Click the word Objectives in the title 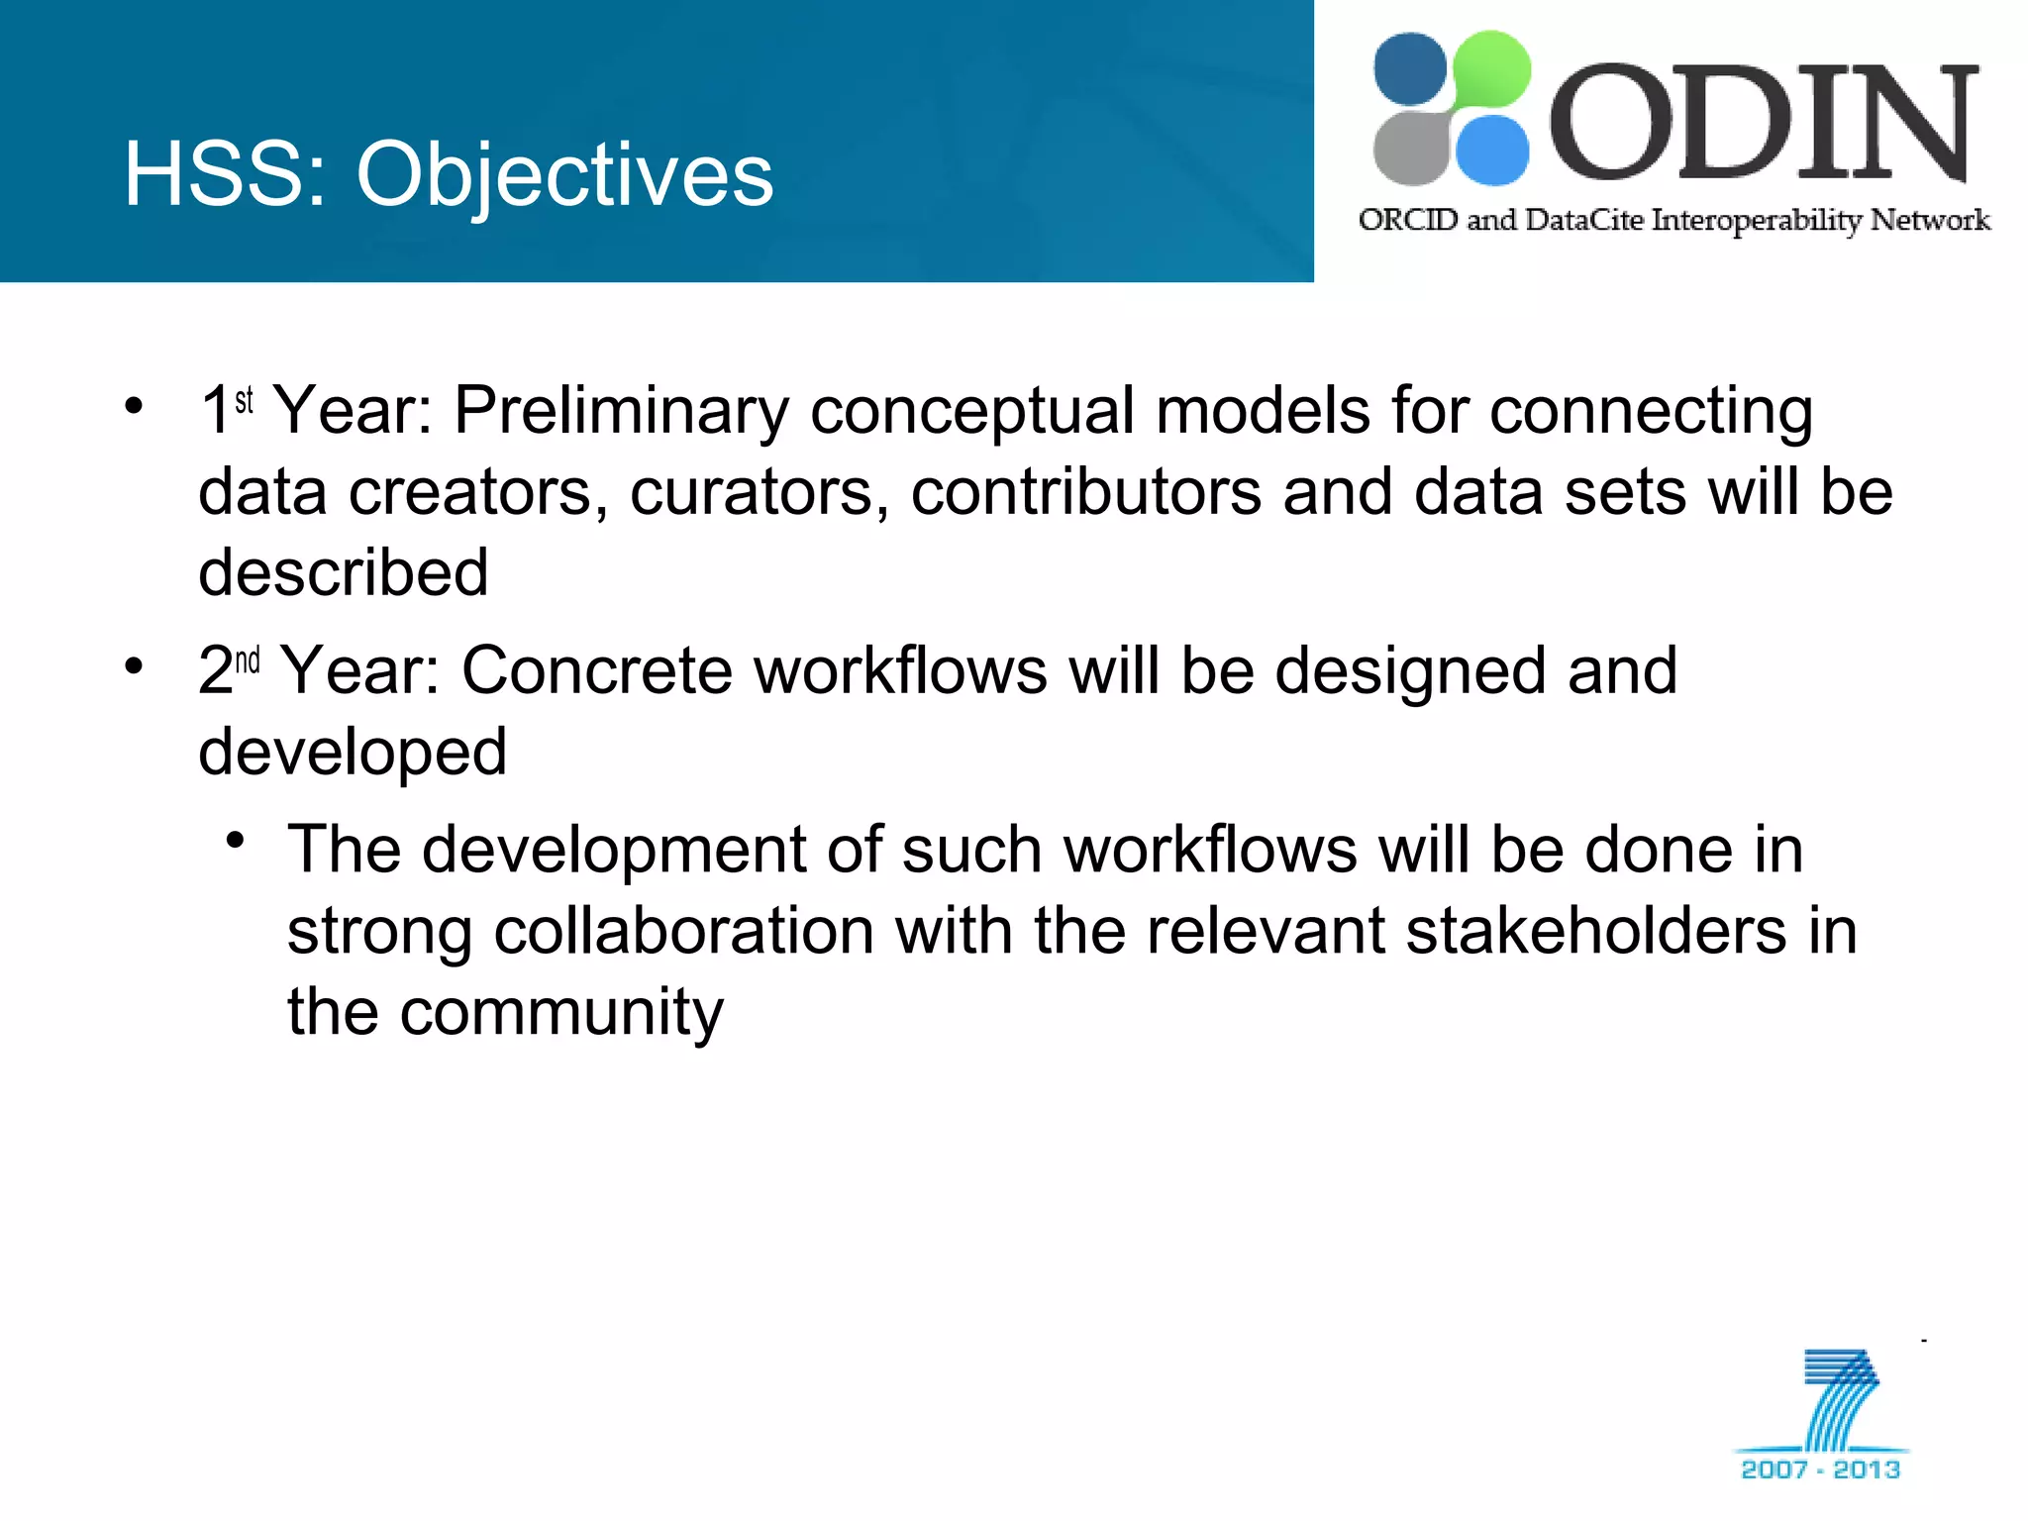click(x=564, y=175)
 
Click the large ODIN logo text click(x=1763, y=124)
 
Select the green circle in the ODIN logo click(x=1489, y=69)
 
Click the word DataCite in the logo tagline click(x=1584, y=219)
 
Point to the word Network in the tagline click(x=1930, y=219)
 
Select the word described click(x=344, y=572)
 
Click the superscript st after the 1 click(x=245, y=400)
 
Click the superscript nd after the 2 click(x=248, y=659)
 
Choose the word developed click(x=353, y=753)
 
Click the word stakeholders click(x=1595, y=931)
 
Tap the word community click(x=561, y=1012)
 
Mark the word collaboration click(x=683, y=931)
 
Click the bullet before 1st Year click(x=134, y=405)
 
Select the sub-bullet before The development click(x=235, y=842)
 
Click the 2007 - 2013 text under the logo click(x=1820, y=1470)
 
